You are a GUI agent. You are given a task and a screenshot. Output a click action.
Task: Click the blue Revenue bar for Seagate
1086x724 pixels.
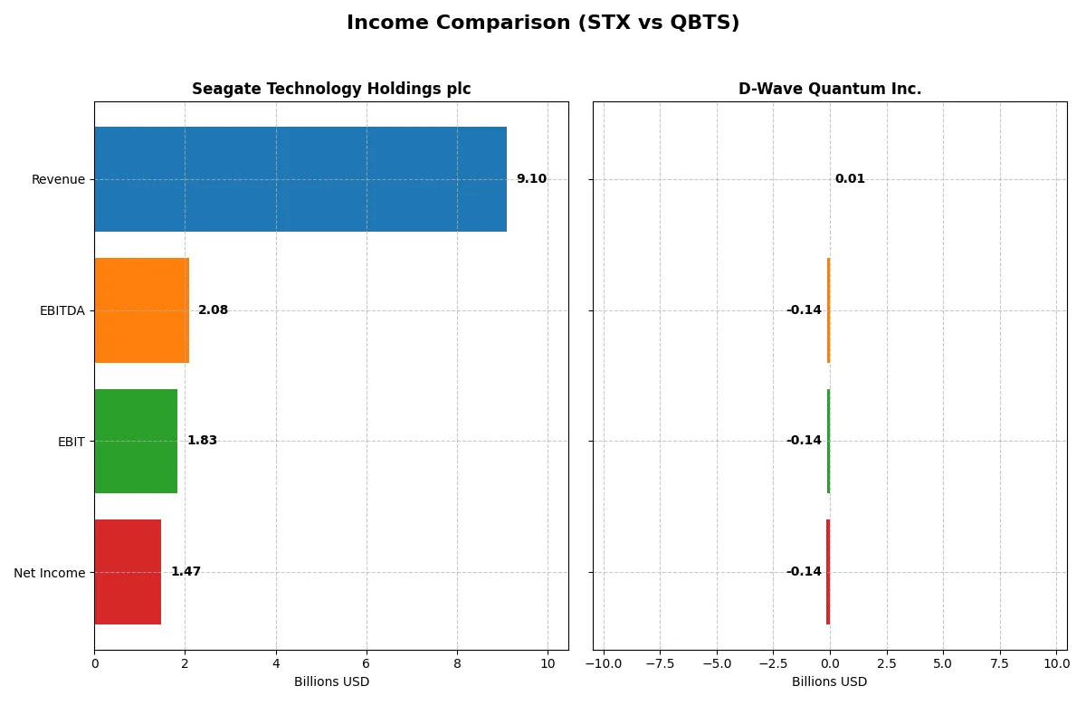point(300,179)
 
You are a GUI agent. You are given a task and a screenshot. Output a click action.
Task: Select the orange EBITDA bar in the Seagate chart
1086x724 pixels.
point(141,310)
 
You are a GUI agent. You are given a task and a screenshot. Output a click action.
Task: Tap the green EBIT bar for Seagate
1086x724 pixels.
point(136,441)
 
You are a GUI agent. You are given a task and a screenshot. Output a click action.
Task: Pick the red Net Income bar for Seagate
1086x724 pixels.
point(128,572)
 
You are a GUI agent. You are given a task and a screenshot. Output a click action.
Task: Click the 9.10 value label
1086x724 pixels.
point(531,179)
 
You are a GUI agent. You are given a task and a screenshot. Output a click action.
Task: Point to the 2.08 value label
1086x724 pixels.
point(213,310)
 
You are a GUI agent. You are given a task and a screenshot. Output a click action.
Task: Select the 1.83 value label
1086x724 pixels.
point(202,441)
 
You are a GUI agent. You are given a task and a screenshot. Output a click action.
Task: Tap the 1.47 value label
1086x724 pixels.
point(186,572)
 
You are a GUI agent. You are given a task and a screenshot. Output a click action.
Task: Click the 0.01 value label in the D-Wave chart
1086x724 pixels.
point(850,179)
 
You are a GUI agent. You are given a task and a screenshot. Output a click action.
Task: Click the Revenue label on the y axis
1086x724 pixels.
point(58,179)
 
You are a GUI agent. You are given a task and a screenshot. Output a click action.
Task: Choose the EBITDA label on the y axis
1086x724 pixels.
point(62,310)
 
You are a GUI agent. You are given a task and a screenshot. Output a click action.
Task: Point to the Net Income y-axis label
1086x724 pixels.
point(50,573)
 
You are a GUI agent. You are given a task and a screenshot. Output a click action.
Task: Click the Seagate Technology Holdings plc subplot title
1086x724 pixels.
point(331,89)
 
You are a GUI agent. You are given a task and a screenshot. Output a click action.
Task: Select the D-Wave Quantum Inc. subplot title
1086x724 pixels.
point(830,89)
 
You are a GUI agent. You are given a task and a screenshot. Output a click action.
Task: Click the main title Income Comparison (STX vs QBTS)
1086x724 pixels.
point(543,23)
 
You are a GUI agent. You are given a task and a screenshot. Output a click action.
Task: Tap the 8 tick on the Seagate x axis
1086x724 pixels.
point(457,663)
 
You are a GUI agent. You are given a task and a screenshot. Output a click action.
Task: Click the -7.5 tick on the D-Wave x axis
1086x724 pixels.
point(660,663)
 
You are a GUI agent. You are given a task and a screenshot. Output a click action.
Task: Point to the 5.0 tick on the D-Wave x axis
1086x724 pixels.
point(943,663)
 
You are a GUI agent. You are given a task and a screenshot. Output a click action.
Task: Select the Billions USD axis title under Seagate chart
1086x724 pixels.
point(331,681)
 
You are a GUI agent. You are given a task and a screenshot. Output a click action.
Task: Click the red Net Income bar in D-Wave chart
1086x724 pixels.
point(827,572)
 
